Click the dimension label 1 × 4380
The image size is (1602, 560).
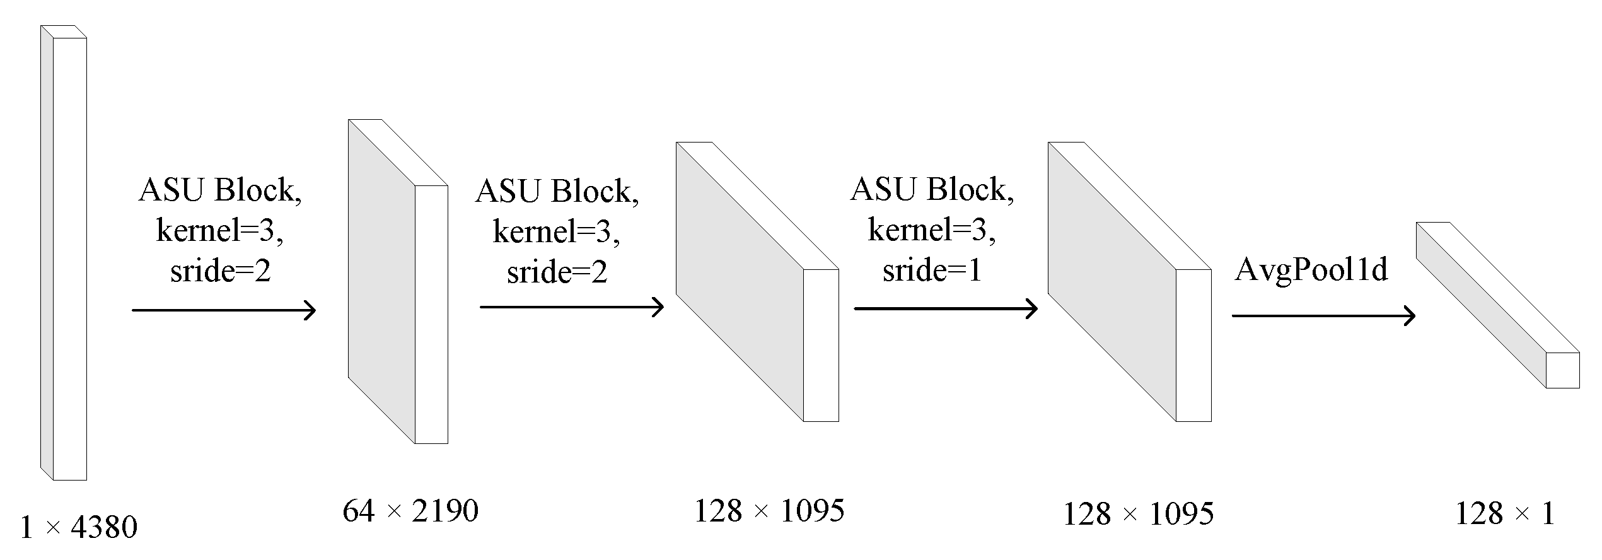pyautogui.click(x=79, y=528)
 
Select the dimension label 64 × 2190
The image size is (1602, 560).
pyautogui.click(x=410, y=511)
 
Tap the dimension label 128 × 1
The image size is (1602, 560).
pyautogui.click(x=1504, y=514)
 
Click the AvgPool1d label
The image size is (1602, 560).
pyautogui.click(x=1311, y=270)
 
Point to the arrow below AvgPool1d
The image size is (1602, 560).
pyautogui.click(x=1323, y=315)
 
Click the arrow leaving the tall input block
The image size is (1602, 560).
pyautogui.click(x=223, y=310)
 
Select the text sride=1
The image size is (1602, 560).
pyautogui.click(x=932, y=271)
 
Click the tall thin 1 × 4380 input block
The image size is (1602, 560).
pyautogui.click(x=69, y=259)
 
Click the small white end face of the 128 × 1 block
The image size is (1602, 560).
pyautogui.click(x=1562, y=370)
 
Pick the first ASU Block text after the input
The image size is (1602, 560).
pyautogui.click(x=220, y=190)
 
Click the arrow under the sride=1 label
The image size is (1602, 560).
pyautogui.click(x=945, y=309)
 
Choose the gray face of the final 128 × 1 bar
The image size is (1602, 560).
pyautogui.click(x=1482, y=303)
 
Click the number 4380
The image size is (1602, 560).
pyautogui.click(x=104, y=528)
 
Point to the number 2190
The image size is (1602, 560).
pyautogui.click(x=445, y=511)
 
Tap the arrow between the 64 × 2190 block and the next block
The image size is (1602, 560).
pyautogui.click(x=571, y=307)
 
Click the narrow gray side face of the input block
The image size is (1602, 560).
pyautogui.click(x=47, y=252)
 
